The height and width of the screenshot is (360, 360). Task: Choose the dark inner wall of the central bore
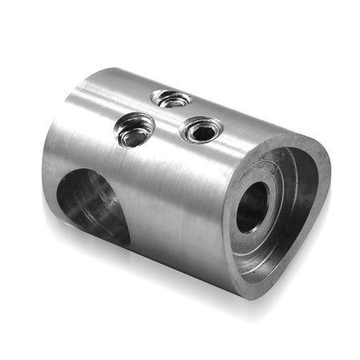pyautogui.click(x=251, y=204)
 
